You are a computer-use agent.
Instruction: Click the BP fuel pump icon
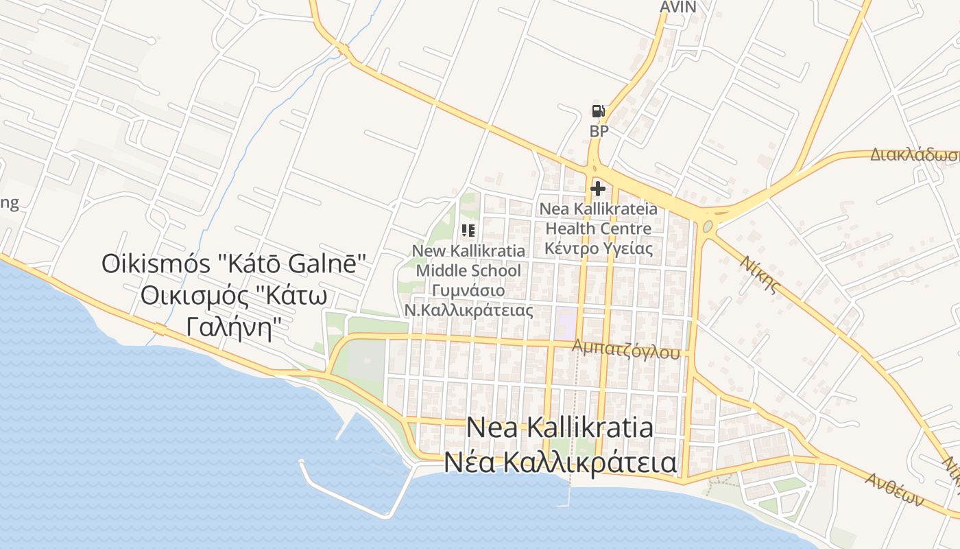598,111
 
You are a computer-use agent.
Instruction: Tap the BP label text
599,131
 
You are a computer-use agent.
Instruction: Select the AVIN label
677,8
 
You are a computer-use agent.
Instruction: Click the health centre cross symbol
598,188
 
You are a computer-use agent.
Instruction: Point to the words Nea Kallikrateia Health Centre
598,218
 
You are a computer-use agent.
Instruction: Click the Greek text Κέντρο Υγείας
598,248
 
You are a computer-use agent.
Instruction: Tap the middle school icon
469,231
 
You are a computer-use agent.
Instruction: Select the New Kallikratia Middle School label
469,261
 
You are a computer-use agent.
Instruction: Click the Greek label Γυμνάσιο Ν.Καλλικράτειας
469,300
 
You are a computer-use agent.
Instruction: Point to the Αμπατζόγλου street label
627,349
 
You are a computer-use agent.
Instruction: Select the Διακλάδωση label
915,155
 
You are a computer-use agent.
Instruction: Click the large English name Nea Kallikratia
560,428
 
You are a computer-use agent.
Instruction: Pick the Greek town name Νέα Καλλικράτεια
560,463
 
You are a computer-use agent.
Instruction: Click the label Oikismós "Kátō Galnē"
235,264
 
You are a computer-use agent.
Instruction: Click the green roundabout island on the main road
708,226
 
